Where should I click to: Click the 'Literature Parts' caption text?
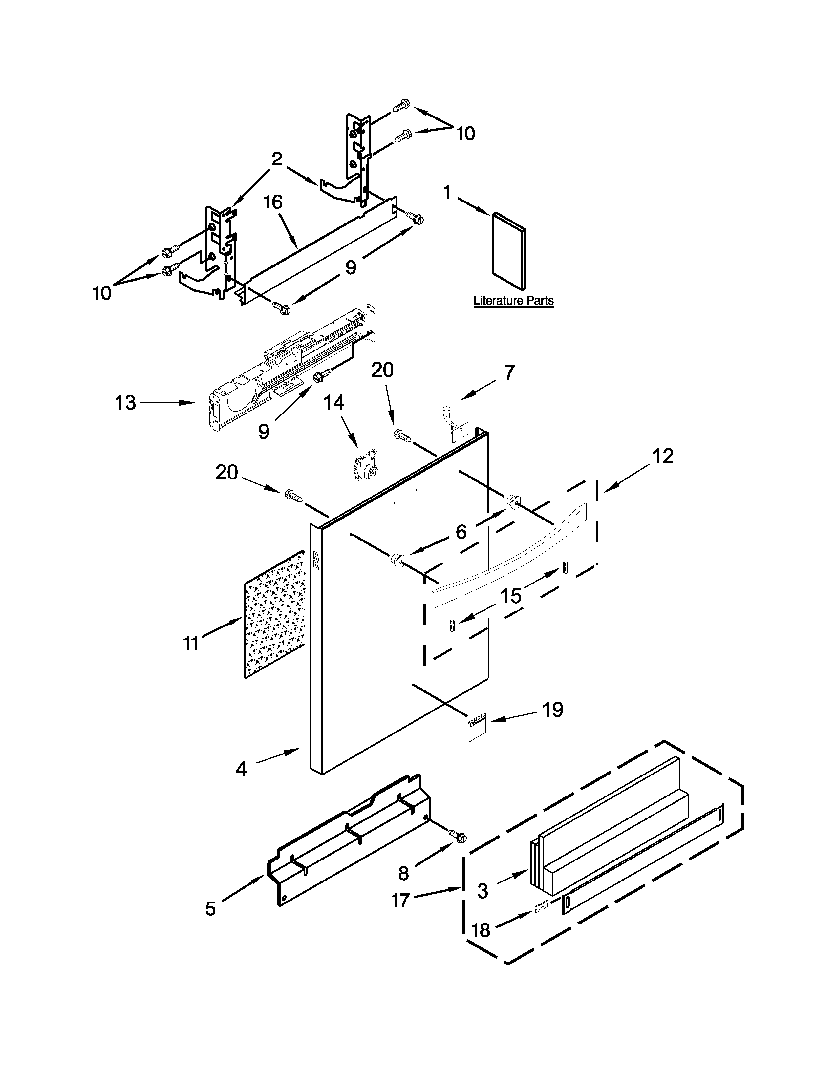513,301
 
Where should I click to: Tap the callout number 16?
273,202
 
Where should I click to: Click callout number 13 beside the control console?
125,403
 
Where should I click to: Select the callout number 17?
401,900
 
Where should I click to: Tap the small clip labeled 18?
542,906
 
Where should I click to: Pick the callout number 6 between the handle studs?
461,532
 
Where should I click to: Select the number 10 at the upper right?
465,133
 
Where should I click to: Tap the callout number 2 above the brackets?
277,159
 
